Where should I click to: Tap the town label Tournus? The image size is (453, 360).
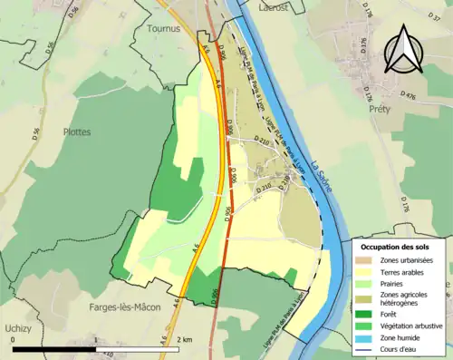tap(164, 28)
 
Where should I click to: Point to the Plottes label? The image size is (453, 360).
tap(76, 131)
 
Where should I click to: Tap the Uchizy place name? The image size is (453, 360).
tap(16, 326)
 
